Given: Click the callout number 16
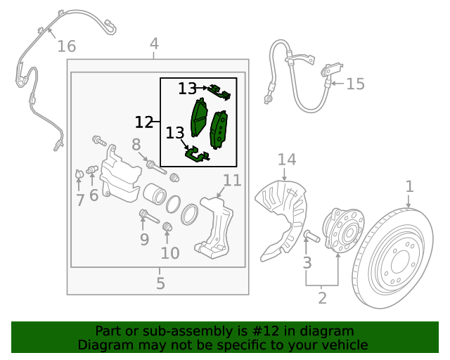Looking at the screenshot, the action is coord(67,46).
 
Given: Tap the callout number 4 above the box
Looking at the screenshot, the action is coord(154,44).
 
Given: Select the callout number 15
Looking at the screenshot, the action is coord(355,84).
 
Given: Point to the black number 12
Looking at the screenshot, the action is coord(144,122).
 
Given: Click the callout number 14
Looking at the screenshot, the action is coord(287,160).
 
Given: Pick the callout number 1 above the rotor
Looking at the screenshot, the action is coord(409,186).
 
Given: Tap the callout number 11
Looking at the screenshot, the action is coord(232,181).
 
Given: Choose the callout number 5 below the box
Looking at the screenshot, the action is coord(161,283).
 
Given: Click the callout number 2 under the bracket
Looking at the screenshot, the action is coord(322,298).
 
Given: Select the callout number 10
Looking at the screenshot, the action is coord(170,253).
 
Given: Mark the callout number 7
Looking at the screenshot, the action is coord(80,200).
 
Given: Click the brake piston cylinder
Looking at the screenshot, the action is coord(155,194).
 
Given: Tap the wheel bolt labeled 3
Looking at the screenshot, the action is coord(311,236).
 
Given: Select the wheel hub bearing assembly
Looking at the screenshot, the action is coord(344,229).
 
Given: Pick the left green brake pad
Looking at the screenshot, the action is coord(199,117).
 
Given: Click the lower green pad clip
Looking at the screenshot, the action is coord(197,155).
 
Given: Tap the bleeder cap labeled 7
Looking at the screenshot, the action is coord(79,174).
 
